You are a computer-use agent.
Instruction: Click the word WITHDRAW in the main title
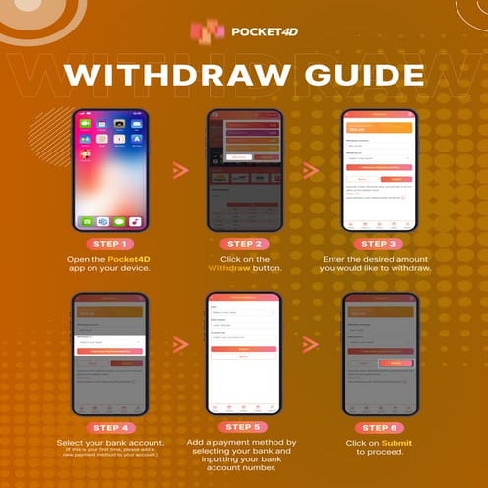(159, 76)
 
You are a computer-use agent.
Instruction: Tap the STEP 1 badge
(111, 243)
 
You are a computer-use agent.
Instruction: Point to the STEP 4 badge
(111, 427)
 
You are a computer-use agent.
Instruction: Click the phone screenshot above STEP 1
(111, 169)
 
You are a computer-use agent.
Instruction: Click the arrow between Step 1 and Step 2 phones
(179, 170)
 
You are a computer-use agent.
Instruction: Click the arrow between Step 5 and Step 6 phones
(311, 344)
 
